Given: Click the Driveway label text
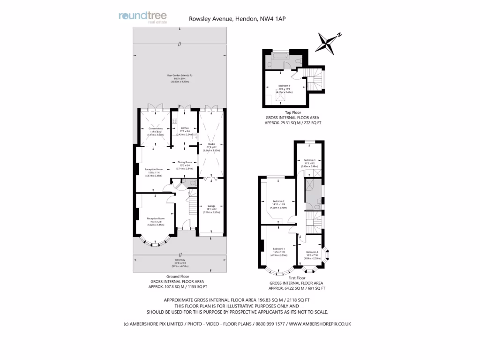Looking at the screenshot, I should click(180, 261).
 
